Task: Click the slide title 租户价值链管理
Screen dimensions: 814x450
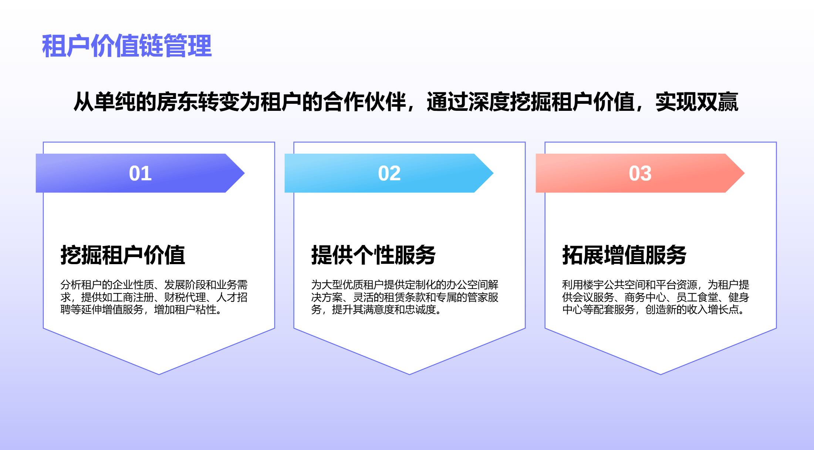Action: click(127, 46)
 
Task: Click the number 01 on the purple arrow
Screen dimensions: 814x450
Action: click(140, 173)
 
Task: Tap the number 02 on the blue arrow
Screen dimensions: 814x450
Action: click(389, 173)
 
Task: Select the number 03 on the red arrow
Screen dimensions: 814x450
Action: click(640, 173)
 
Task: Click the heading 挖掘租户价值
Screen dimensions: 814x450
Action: click(123, 255)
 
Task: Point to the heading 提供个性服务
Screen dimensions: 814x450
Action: click(374, 255)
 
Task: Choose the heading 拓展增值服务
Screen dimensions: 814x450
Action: click(624, 255)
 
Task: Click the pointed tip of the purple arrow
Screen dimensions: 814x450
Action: click(244, 173)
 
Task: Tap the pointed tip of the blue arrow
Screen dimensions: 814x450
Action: click(493, 173)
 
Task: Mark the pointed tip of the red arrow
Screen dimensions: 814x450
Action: click(744, 173)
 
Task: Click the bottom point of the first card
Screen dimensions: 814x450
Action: click(159, 374)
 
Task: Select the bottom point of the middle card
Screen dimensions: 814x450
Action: click(409, 374)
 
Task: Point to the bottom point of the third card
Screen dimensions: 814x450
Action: click(661, 374)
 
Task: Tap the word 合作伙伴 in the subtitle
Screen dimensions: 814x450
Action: click(364, 102)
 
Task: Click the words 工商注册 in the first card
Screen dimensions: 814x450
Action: click(133, 297)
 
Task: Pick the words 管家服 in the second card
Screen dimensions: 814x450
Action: click(483, 297)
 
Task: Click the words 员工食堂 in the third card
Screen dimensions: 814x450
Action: click(697, 297)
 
